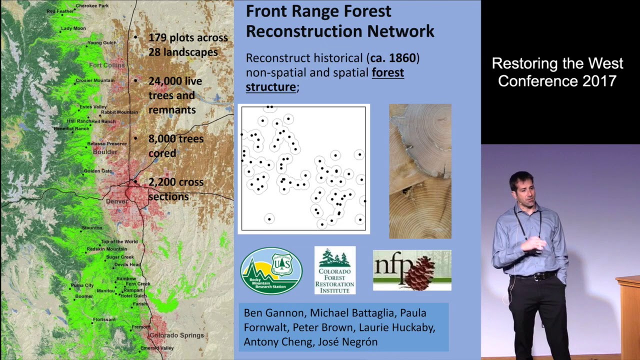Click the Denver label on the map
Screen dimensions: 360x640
click(116, 201)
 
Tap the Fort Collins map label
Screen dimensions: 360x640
click(106, 65)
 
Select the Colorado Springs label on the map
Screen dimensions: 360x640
click(176, 335)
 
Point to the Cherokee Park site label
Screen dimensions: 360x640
click(91, 6)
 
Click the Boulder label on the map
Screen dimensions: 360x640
click(105, 151)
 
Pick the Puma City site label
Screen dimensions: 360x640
click(82, 285)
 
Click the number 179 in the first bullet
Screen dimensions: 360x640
click(157, 37)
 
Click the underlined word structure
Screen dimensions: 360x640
click(270, 87)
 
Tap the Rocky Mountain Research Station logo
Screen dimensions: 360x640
click(271, 270)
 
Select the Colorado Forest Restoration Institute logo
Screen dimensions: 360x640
click(334, 270)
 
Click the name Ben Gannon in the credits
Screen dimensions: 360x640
click(273, 313)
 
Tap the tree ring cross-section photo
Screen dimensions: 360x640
click(420, 171)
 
